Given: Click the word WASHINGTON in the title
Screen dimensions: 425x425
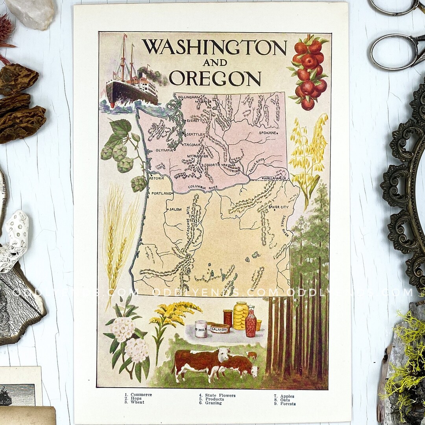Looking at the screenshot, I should tap(214, 47).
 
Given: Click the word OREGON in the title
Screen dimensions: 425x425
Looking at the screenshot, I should tap(215, 78).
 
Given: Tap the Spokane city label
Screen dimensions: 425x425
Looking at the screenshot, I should tap(268, 133).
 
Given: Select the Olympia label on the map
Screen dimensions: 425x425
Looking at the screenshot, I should tap(164, 150).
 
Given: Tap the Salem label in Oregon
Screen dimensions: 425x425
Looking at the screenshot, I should tap(175, 209).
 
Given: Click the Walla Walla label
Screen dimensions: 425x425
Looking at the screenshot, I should tap(275, 178).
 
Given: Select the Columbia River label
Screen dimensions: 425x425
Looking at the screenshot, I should tap(202, 187).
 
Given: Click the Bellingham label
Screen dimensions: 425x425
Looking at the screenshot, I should tap(189, 97).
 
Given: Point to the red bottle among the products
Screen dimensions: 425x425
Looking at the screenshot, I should tap(251, 323).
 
